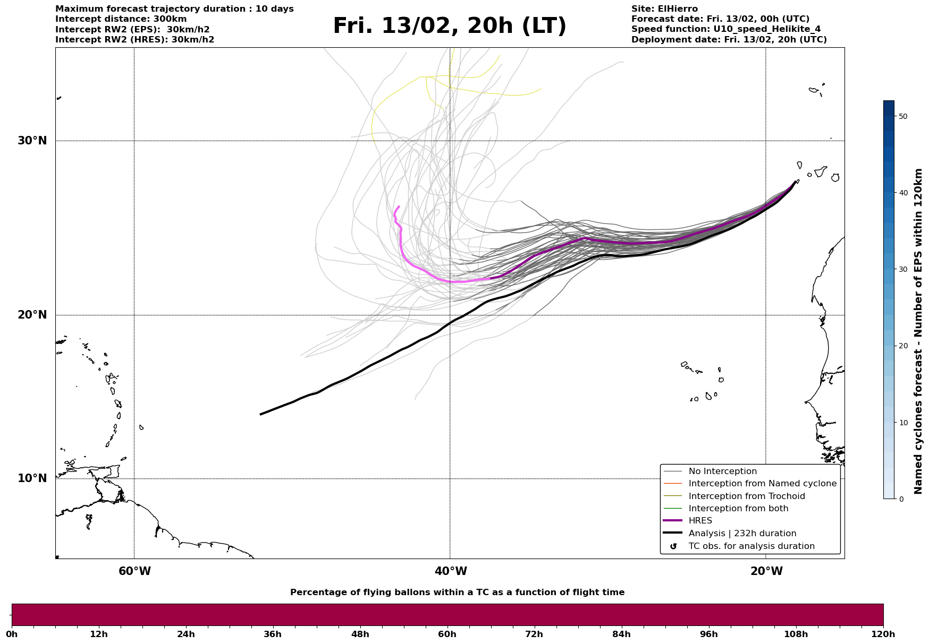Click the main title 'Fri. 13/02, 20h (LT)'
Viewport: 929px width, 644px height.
tap(450, 27)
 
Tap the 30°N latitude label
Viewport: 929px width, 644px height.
tap(32, 141)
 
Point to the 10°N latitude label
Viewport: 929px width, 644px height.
tap(32, 478)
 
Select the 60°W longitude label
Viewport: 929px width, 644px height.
tap(134, 571)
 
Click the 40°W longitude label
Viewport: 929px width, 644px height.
tap(451, 571)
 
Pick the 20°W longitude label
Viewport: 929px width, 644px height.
tap(766, 571)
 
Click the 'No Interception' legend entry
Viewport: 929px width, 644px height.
tap(722, 471)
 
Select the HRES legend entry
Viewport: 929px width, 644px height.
tap(700, 521)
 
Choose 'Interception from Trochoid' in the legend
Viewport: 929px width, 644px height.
tap(746, 496)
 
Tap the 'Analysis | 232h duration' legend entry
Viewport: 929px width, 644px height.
tap(742, 534)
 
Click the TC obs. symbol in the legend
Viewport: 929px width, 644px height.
tap(673, 546)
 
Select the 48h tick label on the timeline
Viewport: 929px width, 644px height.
tap(360, 634)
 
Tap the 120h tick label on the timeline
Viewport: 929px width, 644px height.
tap(883, 634)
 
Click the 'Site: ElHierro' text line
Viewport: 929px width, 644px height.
tap(664, 9)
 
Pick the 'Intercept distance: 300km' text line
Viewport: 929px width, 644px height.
tap(121, 19)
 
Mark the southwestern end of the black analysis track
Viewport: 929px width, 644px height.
tap(260, 414)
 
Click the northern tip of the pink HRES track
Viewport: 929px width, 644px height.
tap(399, 207)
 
